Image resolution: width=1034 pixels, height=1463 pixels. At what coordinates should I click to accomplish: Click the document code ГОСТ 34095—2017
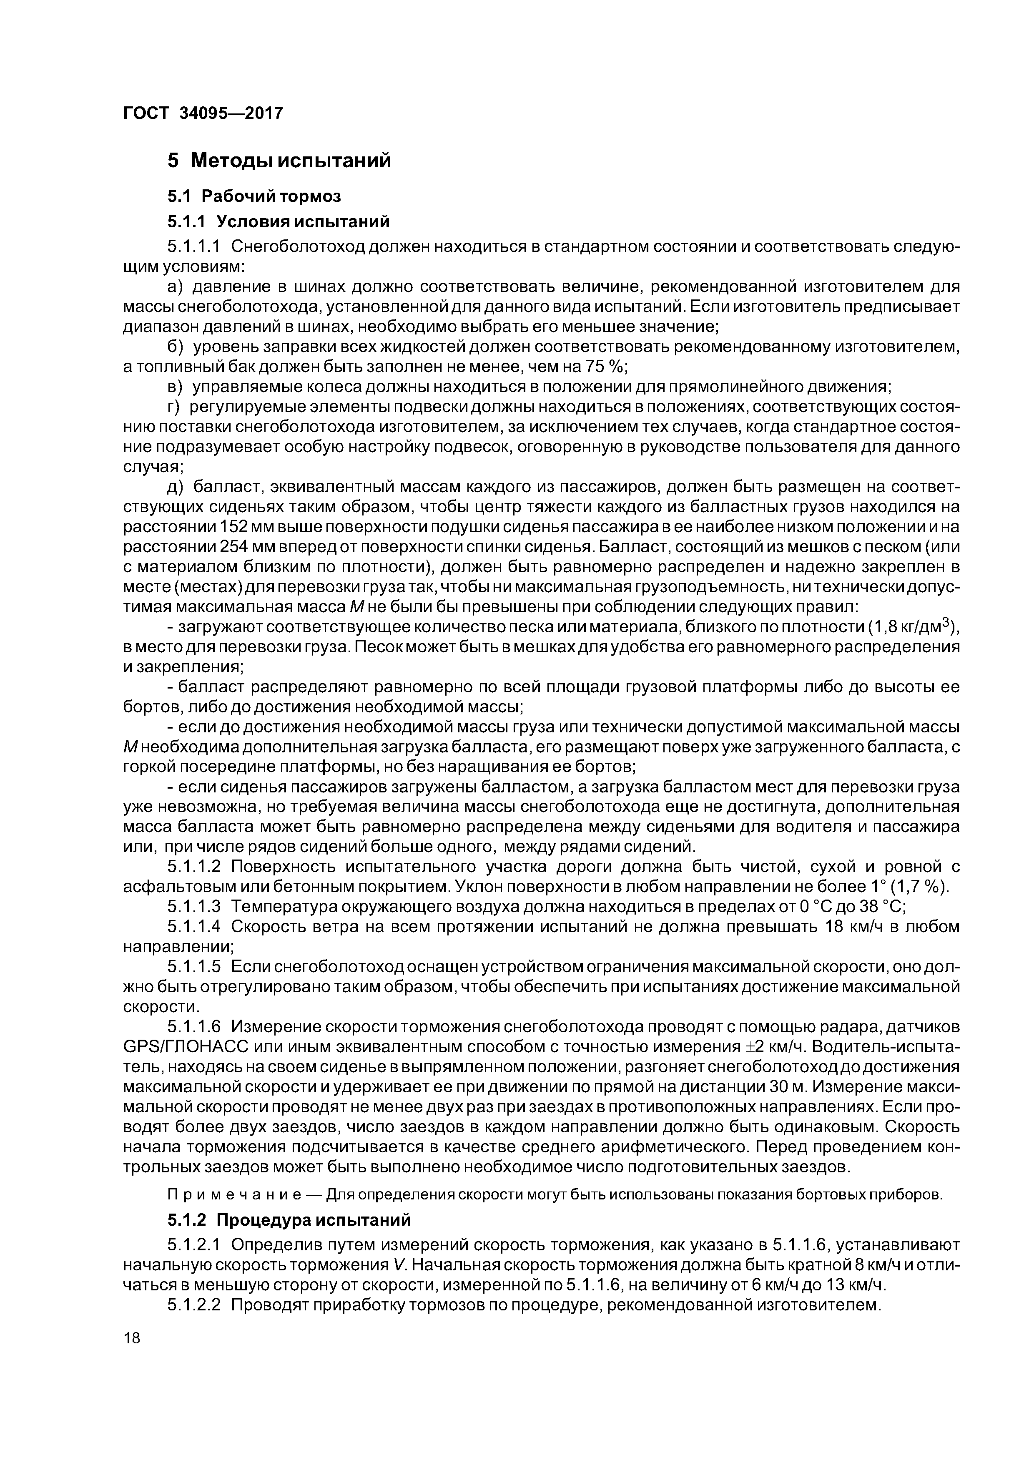coord(203,113)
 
